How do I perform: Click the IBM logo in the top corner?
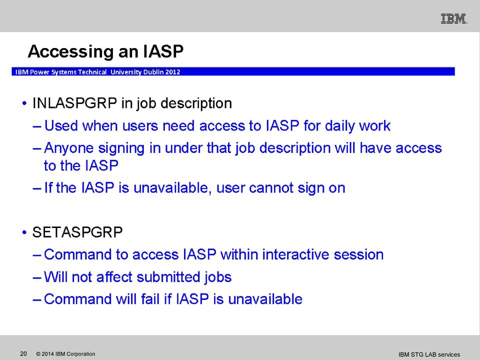click(x=454, y=18)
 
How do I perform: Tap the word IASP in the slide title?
click(x=163, y=51)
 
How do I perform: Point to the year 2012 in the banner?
click(x=173, y=72)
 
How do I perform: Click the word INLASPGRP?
click(x=74, y=103)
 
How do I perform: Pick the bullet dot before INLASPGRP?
click(x=24, y=103)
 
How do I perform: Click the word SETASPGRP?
click(x=77, y=232)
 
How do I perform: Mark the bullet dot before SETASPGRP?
click(x=24, y=232)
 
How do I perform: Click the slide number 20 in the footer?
click(x=23, y=354)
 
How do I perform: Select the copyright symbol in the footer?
click(x=38, y=354)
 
